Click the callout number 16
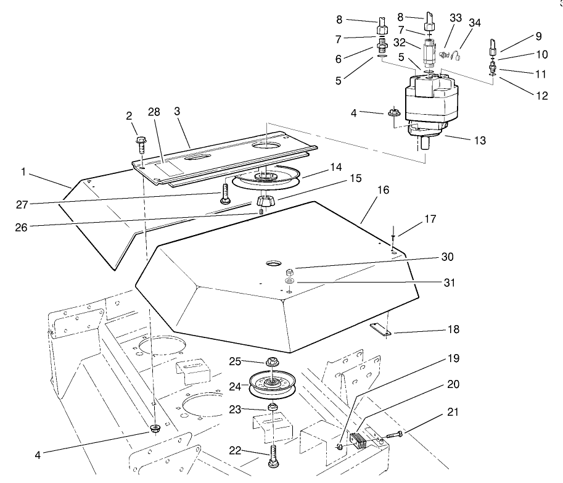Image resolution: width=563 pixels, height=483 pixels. (383, 191)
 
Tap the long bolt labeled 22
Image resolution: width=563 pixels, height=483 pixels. (271, 457)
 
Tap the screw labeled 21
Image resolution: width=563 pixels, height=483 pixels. (395, 436)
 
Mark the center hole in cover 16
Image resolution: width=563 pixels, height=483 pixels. (273, 263)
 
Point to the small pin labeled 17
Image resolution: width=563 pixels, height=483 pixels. (393, 241)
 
